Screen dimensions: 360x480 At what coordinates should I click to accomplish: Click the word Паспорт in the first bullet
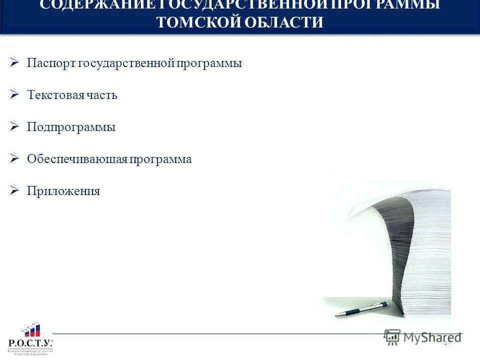51,63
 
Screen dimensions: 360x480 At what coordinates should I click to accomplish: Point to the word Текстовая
56,95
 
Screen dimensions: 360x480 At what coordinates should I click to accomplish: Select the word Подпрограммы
71,127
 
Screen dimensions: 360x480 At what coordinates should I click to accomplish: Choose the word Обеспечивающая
77,159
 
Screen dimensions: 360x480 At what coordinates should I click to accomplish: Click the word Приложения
63,191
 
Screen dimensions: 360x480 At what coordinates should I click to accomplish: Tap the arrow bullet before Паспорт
14,63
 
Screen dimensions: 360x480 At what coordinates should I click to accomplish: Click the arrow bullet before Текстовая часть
14,94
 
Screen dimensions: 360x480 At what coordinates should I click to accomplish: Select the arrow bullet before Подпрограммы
14,126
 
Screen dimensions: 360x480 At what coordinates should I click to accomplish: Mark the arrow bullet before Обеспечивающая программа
14,158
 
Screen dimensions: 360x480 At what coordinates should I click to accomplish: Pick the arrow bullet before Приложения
14,190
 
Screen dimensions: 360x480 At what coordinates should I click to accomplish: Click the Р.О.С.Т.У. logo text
30,343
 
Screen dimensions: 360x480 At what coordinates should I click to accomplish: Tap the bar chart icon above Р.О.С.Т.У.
31,330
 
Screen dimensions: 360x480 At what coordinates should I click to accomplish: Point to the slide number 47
447,343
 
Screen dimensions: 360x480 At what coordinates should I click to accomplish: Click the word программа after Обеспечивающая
161,159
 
